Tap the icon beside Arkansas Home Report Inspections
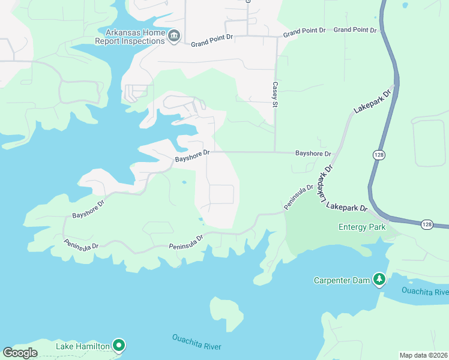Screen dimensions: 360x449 174,36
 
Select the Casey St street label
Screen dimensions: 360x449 276,95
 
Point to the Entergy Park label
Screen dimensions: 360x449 362,227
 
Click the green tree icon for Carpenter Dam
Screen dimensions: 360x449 379,279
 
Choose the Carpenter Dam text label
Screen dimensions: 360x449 341,280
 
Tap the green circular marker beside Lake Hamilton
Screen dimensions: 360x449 119,344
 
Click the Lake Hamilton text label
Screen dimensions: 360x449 83,346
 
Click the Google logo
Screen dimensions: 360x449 20,352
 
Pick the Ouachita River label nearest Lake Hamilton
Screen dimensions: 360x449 196,343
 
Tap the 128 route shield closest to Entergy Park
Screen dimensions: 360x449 426,224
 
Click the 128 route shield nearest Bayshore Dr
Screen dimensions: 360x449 378,155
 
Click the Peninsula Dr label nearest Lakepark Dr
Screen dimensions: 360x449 299,197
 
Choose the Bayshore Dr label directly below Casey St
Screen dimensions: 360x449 313,154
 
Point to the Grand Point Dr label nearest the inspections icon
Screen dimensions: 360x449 212,41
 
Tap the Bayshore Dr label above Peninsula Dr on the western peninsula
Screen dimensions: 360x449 88,208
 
